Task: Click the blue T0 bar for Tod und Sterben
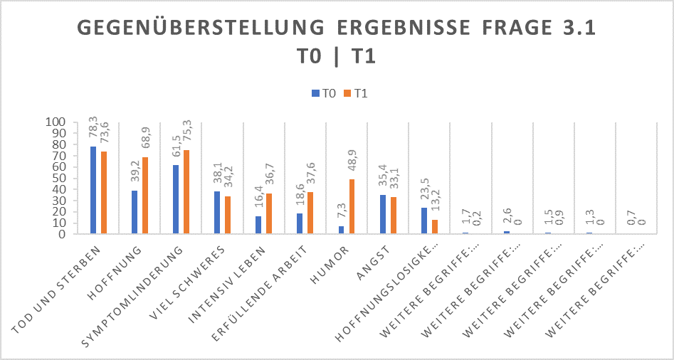pyautogui.click(x=93, y=190)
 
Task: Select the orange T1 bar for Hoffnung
pyautogui.click(x=145, y=196)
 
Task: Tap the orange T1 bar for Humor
pyautogui.click(x=352, y=206)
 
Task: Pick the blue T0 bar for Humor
pyautogui.click(x=341, y=230)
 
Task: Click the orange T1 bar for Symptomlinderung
pyautogui.click(x=186, y=192)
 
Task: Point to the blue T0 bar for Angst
pyautogui.click(x=382, y=214)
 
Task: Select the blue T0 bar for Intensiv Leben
pyautogui.click(x=258, y=225)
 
